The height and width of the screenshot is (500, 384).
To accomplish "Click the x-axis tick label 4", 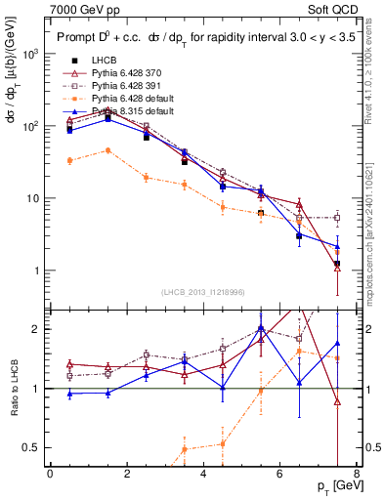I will click(x=203, y=474).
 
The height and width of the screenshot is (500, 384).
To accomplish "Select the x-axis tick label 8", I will click(x=357, y=474).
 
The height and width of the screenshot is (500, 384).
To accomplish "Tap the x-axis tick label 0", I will click(x=50, y=474).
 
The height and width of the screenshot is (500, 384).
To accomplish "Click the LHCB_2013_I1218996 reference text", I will click(x=203, y=293).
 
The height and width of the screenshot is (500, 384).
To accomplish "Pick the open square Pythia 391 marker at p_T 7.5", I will click(x=337, y=218).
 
